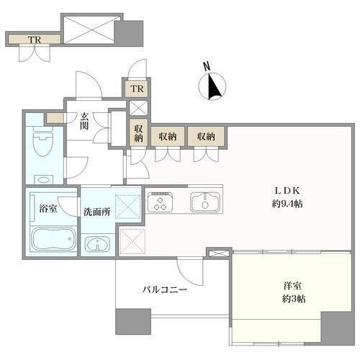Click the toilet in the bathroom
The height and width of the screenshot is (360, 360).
(43, 141)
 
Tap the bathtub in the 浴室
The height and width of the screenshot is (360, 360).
(53, 239)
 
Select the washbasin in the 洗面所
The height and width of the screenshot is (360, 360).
(97, 244)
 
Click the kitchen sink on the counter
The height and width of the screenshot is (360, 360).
(205, 202)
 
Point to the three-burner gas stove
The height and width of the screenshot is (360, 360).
(160, 202)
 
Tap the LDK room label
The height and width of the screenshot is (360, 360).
(287, 191)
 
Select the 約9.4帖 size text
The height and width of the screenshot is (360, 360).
(287, 204)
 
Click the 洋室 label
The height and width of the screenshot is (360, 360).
(292, 286)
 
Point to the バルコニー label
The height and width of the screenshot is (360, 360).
(165, 290)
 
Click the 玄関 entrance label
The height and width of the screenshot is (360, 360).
(84, 121)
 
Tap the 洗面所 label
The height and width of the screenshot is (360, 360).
(96, 212)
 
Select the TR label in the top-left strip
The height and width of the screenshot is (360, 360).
(35, 40)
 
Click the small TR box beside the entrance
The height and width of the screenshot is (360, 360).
(137, 89)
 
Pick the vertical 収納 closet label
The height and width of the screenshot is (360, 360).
(138, 133)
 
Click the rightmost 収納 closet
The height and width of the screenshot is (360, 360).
(206, 137)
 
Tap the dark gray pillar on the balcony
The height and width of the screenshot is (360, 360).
(133, 321)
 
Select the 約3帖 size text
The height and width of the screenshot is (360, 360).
(294, 299)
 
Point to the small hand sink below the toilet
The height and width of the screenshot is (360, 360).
(44, 179)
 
